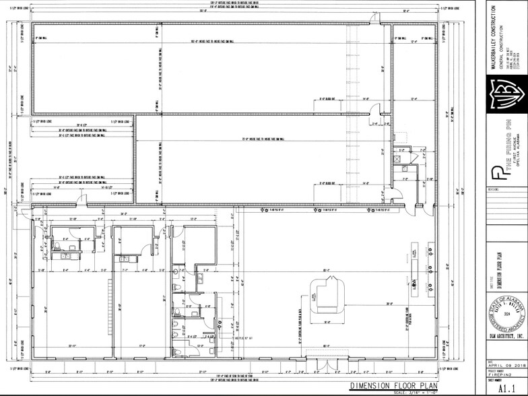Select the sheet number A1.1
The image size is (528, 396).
502,389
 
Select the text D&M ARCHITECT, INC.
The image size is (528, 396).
502,345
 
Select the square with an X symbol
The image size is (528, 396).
398,159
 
